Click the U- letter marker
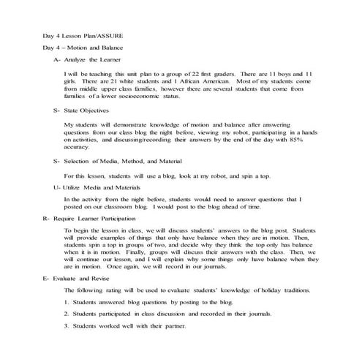[57, 189]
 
